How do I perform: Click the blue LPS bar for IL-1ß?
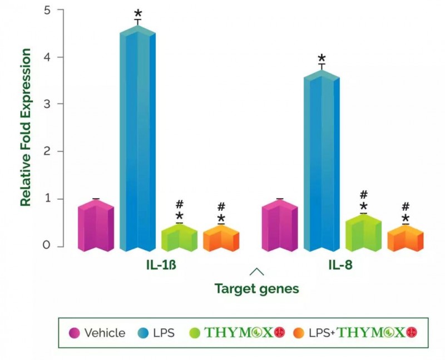click(x=137, y=139)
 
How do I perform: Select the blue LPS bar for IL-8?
click(x=322, y=161)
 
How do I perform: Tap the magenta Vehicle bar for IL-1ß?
click(x=96, y=225)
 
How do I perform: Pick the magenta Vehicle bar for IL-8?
click(x=280, y=225)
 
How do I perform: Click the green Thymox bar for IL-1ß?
click(x=179, y=238)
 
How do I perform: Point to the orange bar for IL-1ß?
click(x=221, y=239)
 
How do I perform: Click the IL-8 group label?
click(x=339, y=265)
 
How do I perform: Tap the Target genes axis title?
click(x=257, y=289)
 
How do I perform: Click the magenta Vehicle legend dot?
click(x=74, y=333)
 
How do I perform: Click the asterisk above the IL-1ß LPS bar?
click(x=137, y=13)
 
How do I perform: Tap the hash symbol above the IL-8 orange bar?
click(x=406, y=206)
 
